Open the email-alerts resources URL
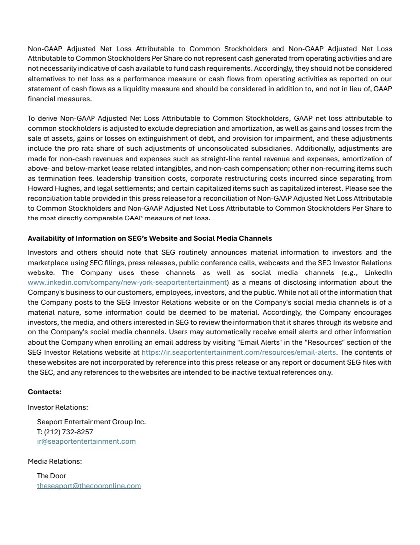point(238,352)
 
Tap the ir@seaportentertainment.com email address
point(86,441)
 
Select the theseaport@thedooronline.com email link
point(89,486)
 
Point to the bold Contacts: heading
point(45,392)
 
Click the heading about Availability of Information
point(149,238)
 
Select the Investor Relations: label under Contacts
point(58,407)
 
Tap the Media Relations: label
point(54,461)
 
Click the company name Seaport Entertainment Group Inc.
point(92,422)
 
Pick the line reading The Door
point(51,476)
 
